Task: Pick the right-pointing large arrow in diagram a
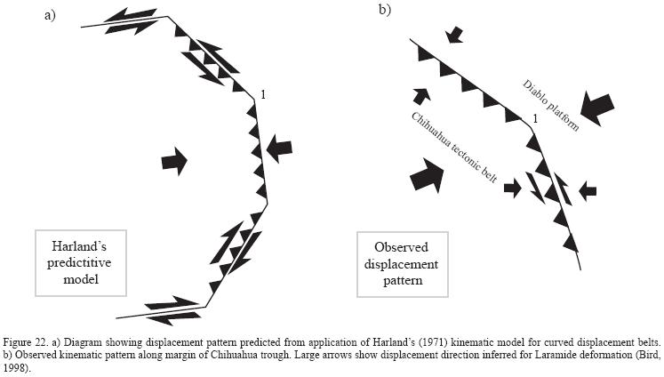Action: [x=174, y=161]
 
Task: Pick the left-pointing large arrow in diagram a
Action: [x=278, y=148]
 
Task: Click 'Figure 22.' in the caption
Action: [x=23, y=341]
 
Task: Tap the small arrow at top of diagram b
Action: [x=455, y=34]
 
